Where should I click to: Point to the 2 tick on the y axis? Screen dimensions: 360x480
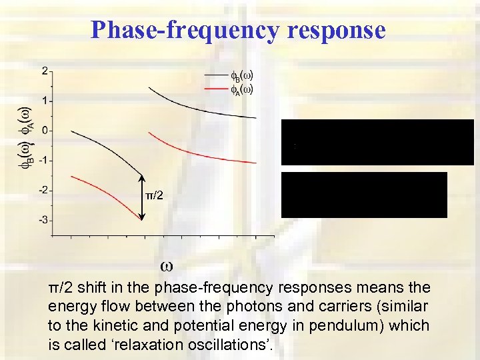coord(44,71)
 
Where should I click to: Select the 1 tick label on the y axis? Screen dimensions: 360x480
coord(44,101)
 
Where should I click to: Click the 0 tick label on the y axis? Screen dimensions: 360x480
coord(44,131)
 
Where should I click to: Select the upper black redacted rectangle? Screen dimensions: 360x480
coord(377,141)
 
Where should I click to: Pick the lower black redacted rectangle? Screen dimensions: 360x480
coord(364,195)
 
